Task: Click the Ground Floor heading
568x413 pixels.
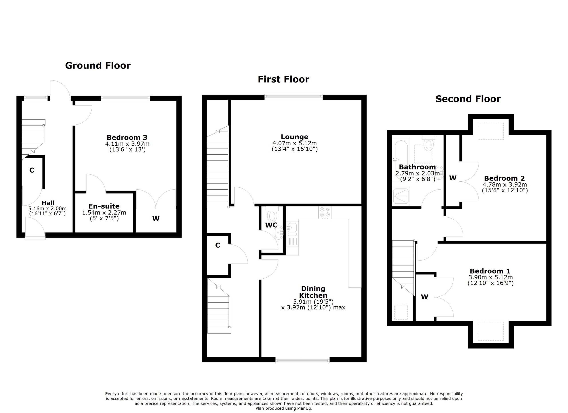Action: tap(98, 66)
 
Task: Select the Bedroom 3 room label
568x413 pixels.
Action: tap(127, 138)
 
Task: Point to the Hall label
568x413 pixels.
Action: tap(48, 203)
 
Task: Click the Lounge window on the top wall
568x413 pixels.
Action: tap(294, 97)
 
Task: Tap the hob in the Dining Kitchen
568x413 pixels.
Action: tap(325, 212)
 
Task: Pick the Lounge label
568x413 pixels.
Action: tap(294, 137)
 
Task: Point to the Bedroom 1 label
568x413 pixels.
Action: tap(490, 271)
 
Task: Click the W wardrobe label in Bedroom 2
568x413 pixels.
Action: tap(453, 178)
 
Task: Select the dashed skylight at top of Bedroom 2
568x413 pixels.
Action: tap(491, 131)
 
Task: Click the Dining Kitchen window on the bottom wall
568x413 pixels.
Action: tap(303, 360)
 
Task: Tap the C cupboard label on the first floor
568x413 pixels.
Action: tap(217, 246)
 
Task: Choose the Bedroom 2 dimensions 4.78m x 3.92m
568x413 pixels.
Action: tap(505, 185)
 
